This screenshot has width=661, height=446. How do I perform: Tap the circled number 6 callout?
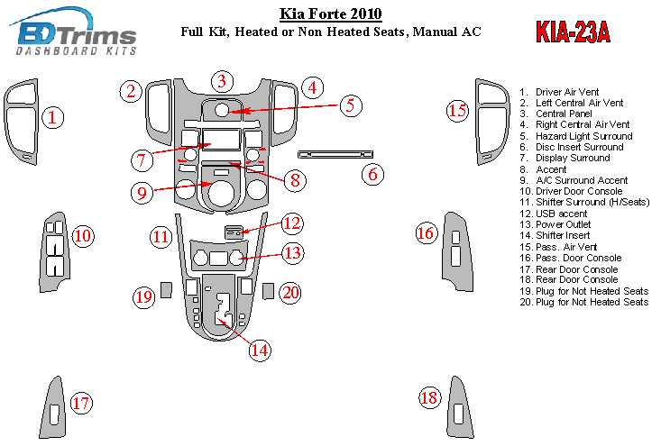click(372, 174)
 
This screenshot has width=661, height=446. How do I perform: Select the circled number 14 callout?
click(260, 350)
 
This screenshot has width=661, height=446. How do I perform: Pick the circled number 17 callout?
click(81, 403)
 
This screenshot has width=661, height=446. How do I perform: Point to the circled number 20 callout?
click(290, 293)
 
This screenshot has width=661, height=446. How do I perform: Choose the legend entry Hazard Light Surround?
click(583, 136)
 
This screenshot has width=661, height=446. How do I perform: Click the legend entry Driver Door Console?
click(578, 191)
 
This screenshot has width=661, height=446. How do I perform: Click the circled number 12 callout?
click(291, 223)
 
